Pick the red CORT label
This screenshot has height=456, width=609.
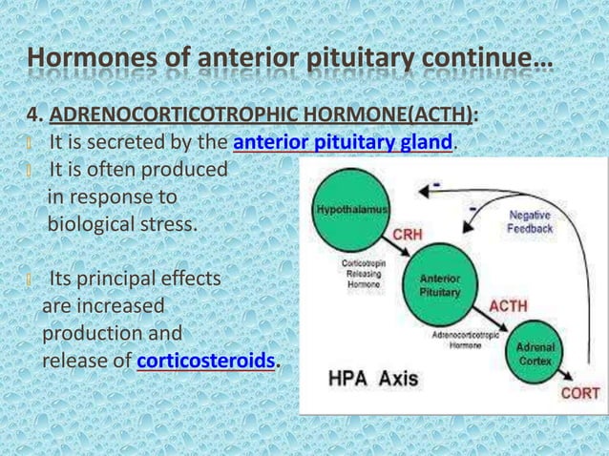coord(580,392)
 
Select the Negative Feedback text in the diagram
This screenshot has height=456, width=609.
coord(530,222)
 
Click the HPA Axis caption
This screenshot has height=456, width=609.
coord(373,378)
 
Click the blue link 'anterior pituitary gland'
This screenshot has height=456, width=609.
coord(343,143)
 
